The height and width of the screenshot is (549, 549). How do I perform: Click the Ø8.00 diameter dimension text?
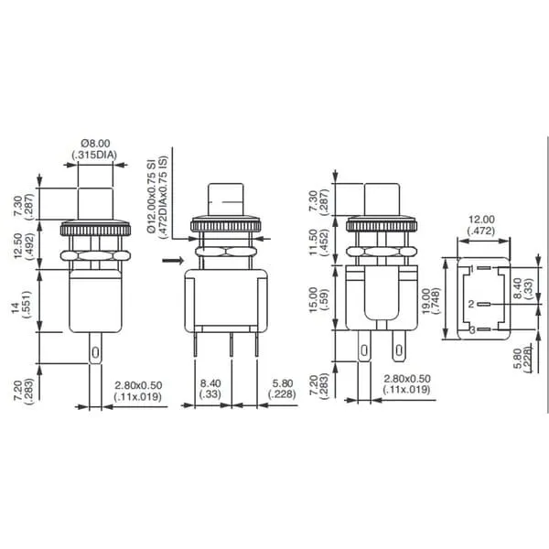tap(95, 144)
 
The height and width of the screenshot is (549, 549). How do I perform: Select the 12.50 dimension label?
tap(17, 246)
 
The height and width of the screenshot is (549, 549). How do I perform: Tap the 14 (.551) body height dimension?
tap(21, 305)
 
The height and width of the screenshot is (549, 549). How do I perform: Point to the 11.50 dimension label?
tap(313, 242)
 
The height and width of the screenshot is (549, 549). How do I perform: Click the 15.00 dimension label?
tap(313, 300)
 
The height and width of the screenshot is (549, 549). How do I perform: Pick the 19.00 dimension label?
tap(425, 301)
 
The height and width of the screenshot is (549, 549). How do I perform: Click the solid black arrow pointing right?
tap(173, 260)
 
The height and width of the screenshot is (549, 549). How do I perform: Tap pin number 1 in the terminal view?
tap(472, 269)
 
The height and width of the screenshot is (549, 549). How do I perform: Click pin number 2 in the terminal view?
tap(471, 304)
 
